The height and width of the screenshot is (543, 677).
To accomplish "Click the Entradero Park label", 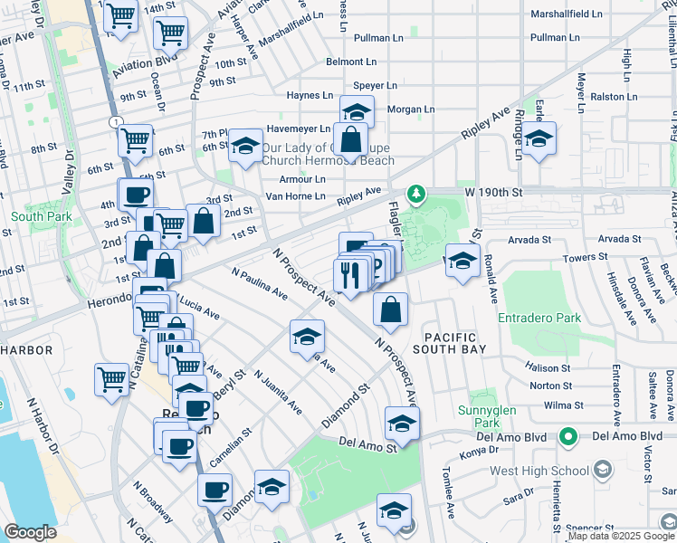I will click(539, 319).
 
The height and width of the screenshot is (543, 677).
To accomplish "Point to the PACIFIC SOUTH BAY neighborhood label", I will click(450, 342).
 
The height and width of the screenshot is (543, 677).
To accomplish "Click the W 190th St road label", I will click(495, 193).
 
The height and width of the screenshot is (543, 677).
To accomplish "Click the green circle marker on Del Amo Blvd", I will click(567, 437).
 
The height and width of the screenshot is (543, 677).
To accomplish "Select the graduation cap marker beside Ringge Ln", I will click(539, 139).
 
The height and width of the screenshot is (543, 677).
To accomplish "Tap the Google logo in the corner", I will click(30, 532).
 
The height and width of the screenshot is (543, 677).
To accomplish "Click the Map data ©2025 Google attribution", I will click(621, 536).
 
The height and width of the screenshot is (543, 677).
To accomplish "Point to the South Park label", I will click(35, 217).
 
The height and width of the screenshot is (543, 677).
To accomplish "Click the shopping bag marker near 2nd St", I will click(204, 220).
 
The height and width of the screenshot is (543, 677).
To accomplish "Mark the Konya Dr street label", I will click(480, 453).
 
